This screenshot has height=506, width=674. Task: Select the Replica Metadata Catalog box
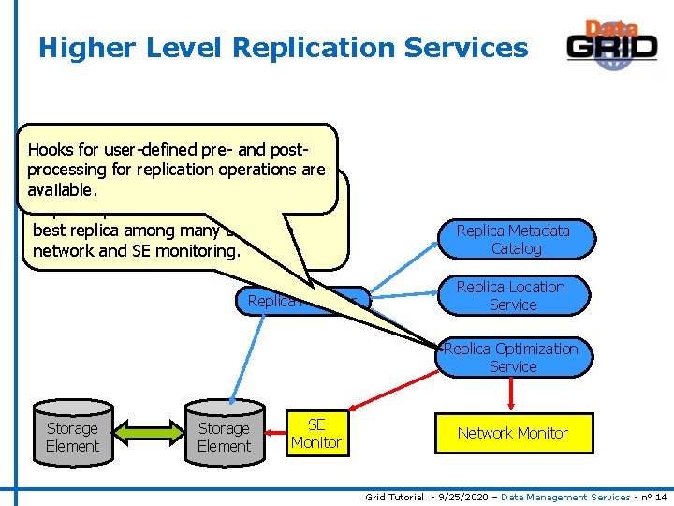coord(513,239)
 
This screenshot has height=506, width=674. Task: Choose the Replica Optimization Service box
coord(513,358)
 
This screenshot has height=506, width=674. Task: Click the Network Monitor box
coord(512,433)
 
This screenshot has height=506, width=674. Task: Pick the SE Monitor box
coord(316,433)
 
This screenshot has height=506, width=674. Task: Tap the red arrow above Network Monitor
coord(511,394)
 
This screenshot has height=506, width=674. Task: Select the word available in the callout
coord(61,189)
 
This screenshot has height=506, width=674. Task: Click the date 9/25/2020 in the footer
coord(454,497)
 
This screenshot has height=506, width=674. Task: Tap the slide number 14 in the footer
coord(663,497)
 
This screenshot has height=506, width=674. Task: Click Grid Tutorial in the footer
coord(394,497)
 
